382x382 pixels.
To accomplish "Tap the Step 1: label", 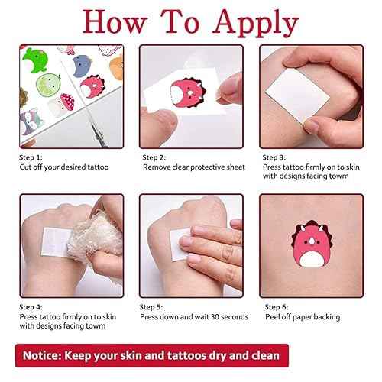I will (x=33, y=157).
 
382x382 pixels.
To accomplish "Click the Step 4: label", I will (x=33, y=306).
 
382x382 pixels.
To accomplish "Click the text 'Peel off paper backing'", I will (x=303, y=316).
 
